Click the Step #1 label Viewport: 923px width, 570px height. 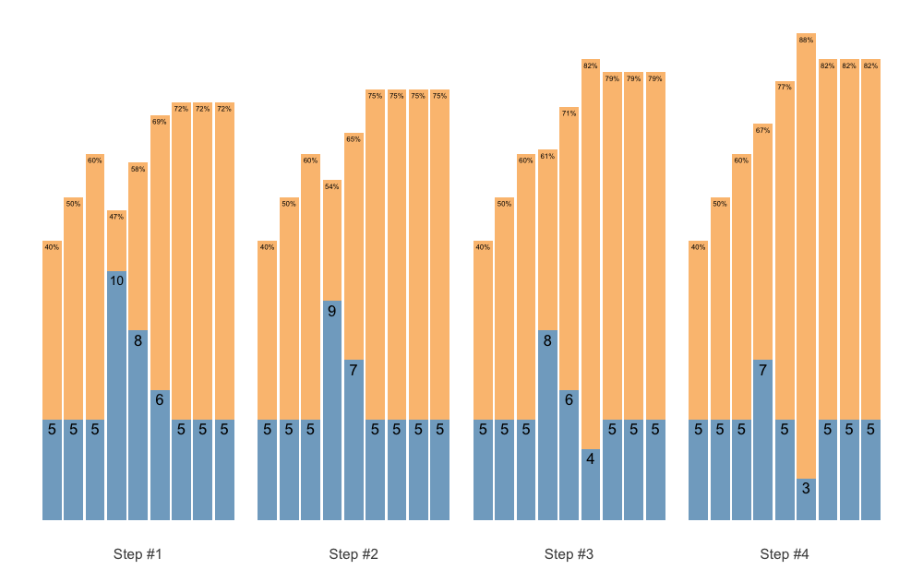138,554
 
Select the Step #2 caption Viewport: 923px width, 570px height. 354,554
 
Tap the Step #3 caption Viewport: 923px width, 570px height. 569,554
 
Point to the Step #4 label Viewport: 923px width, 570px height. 785,554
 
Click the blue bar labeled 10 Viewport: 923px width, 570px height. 116,397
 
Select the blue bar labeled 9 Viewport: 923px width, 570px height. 332,410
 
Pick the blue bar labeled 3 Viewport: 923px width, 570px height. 806,499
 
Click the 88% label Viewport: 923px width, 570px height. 806,41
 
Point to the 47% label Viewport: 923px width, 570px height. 116,217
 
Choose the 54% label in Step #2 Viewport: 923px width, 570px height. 332,187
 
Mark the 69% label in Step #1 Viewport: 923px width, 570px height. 160,122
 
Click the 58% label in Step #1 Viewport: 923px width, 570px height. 138,169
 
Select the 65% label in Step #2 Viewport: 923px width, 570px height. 354,139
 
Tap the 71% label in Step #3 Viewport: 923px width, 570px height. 569,113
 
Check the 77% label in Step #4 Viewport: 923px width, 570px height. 785,88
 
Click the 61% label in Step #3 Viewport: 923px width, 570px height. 547,157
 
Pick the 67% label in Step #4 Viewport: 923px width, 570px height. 762,131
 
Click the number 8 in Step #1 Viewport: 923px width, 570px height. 138,340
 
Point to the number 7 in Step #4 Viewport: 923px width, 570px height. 762,370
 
